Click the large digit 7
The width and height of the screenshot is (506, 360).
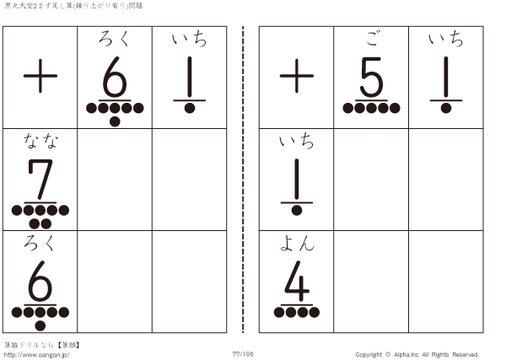pyautogui.click(x=40, y=180)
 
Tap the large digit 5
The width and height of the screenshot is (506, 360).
pyautogui.click(x=371, y=77)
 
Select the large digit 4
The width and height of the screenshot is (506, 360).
pyautogui.click(x=297, y=282)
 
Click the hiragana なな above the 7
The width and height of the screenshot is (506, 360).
pyautogui.click(x=40, y=141)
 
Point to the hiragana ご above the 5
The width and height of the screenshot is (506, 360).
pyautogui.click(x=372, y=39)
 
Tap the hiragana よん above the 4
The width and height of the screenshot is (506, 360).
pyautogui.click(x=297, y=243)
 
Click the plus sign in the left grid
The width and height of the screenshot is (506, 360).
pyautogui.click(x=40, y=76)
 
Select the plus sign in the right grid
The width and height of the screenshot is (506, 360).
pyautogui.click(x=297, y=76)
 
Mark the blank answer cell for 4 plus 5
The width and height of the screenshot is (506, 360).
pyautogui.click(x=371, y=282)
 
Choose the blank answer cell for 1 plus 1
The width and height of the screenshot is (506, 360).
pyautogui.click(x=446, y=180)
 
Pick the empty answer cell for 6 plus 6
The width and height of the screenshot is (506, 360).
pyautogui.click(x=115, y=282)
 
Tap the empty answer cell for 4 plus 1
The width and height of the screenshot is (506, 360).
pyautogui.click(x=446, y=282)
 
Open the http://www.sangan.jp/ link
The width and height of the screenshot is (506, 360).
pyautogui.click(x=36, y=355)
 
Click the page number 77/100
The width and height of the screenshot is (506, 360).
pyautogui.click(x=243, y=354)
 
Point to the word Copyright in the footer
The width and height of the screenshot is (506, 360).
pyautogui.click(x=369, y=355)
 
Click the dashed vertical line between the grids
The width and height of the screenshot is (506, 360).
pyautogui.click(x=243, y=180)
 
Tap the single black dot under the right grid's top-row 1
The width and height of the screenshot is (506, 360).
pyautogui.click(x=446, y=108)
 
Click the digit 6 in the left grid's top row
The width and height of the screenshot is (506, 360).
pyautogui.click(x=115, y=77)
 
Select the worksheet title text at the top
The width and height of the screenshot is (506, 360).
pyautogui.click(x=73, y=6)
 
